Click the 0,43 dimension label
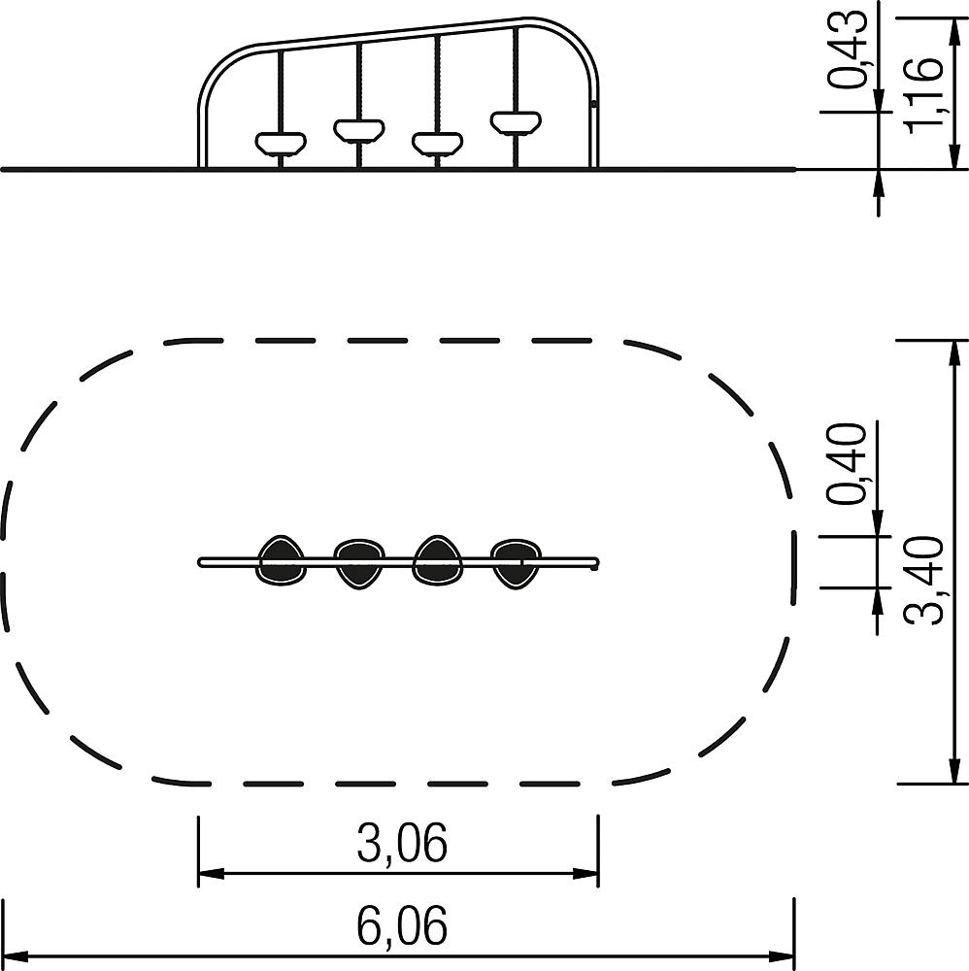click(x=848, y=50)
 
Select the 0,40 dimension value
click(x=848, y=464)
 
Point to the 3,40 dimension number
click(x=924, y=581)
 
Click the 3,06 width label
click(x=402, y=843)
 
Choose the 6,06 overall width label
click(x=402, y=925)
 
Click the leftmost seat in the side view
click(x=281, y=143)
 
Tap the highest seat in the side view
click(x=516, y=122)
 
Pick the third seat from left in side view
click(x=438, y=143)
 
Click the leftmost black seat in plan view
click(x=282, y=560)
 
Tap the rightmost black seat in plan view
click(x=516, y=563)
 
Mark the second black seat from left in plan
click(x=359, y=563)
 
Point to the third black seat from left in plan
click(x=438, y=560)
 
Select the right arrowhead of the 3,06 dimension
click(x=585, y=874)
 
